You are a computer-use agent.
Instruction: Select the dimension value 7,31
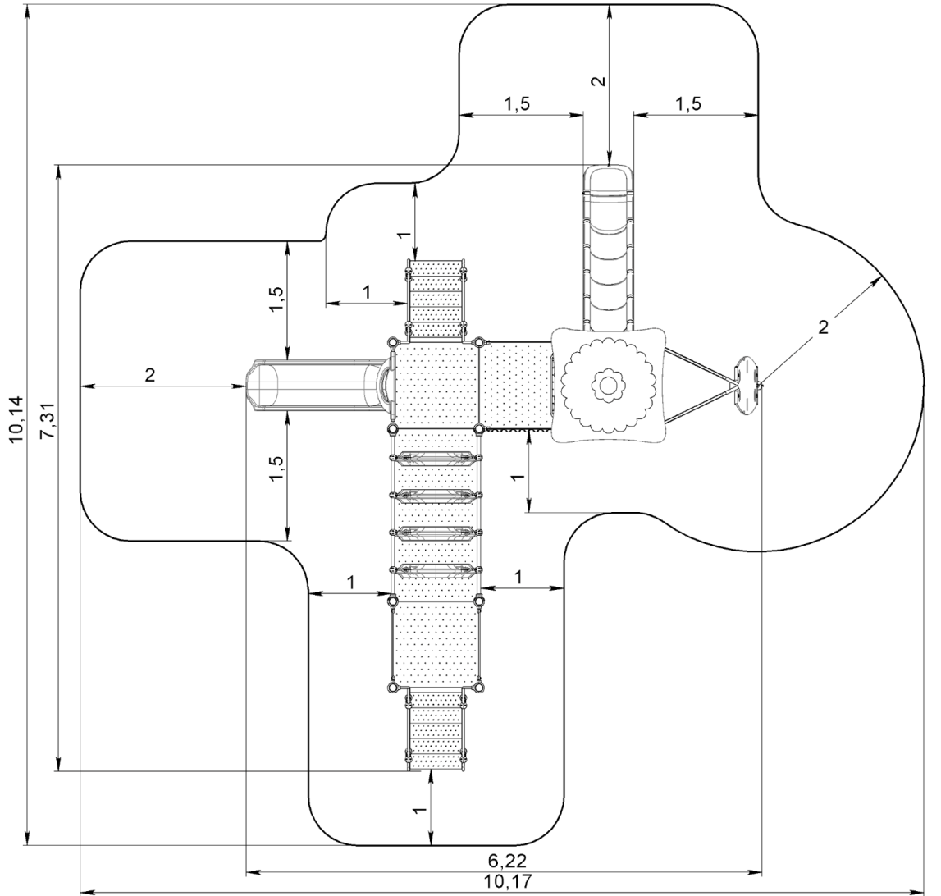click(50, 421)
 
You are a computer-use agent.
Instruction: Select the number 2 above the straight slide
click(598, 81)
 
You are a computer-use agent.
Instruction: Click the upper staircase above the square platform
click(436, 299)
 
